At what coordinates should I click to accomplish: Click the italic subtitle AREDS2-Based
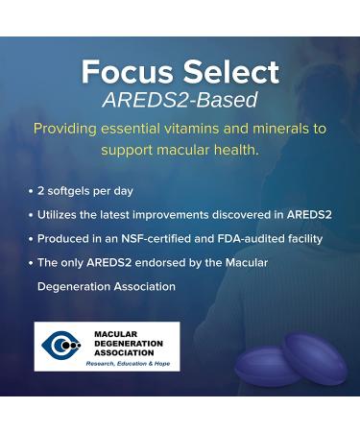(x=180, y=101)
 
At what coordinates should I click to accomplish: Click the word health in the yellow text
(x=235, y=152)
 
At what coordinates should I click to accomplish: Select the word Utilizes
(x=62, y=214)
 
